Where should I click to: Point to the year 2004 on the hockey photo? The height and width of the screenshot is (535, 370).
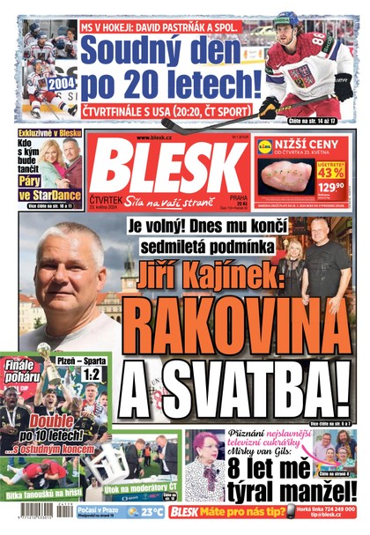pos(63,83)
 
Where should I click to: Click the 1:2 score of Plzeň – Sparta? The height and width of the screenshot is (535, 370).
pos(90,374)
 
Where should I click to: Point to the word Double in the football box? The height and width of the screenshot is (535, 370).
pos(54,421)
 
